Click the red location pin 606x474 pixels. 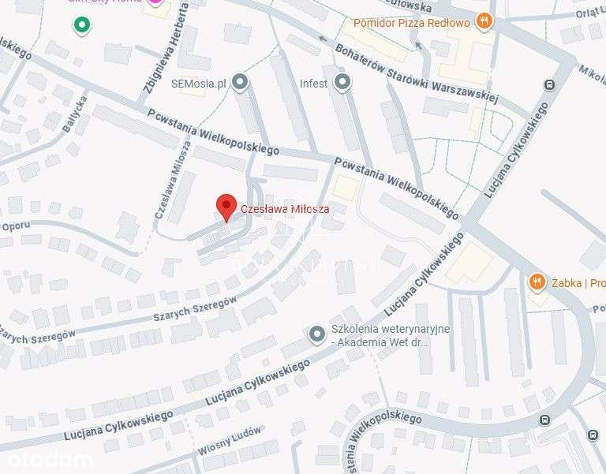(226, 207)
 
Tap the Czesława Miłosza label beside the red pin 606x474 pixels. (285, 209)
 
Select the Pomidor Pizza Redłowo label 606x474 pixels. (410, 22)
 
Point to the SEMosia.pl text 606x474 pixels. (199, 83)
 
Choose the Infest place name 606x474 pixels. (313, 83)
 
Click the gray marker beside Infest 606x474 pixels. (342, 81)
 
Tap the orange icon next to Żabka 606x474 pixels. (537, 282)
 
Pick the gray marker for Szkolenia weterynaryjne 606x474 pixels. (317, 335)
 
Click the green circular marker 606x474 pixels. (81, 27)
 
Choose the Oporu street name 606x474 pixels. (15, 226)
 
